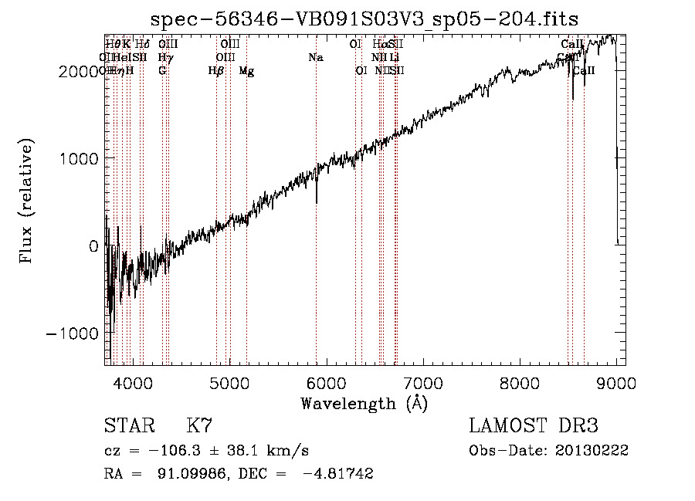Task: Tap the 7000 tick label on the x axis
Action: coord(422,381)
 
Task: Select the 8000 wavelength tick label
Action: coord(519,381)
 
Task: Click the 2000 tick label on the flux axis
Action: coord(81,71)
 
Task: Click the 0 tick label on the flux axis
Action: coord(94,245)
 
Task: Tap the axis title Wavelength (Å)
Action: coord(364,402)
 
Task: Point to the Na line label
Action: coord(315,57)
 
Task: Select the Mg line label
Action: coord(246,71)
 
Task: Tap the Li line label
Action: coord(395,57)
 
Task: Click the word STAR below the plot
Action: coord(128,425)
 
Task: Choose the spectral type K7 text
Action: coord(199,425)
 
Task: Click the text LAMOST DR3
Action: coord(533,425)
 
